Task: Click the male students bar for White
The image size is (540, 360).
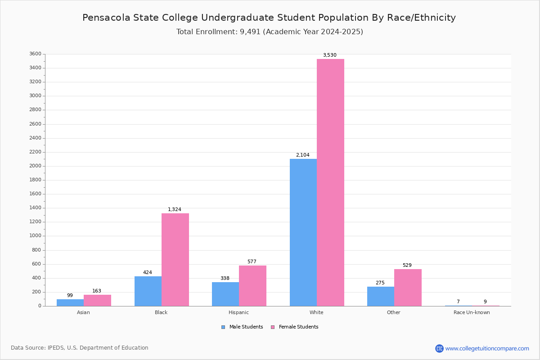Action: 303,232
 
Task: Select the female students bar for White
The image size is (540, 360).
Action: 330,182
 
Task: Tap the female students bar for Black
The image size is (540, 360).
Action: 175,260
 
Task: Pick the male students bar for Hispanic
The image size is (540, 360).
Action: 225,294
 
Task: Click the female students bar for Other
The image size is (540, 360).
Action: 408,288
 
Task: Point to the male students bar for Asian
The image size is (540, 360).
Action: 70,302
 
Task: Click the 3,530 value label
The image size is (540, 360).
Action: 329,55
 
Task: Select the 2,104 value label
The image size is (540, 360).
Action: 302,155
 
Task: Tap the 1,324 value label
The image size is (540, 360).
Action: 175,210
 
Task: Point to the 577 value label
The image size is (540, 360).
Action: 252,262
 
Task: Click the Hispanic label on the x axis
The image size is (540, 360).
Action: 238,312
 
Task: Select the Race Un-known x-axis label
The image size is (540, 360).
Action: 472,312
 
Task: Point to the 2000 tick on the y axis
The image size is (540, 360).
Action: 36,166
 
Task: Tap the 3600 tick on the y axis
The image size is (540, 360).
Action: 36,54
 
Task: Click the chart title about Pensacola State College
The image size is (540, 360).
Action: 269,18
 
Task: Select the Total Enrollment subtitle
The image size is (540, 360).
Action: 270,32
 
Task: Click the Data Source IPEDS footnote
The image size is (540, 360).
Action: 80,348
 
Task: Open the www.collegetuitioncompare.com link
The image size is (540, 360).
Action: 487,348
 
